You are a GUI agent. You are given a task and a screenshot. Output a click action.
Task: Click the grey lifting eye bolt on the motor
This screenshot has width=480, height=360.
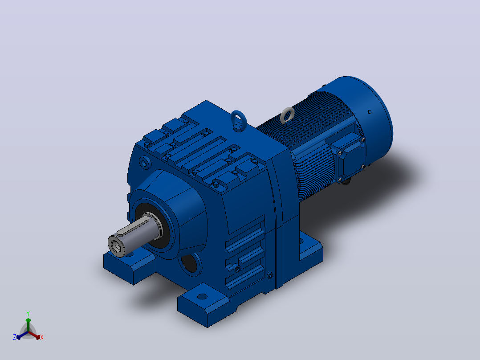(287, 114)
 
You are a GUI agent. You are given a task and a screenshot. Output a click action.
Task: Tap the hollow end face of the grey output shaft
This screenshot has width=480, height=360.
(117, 245)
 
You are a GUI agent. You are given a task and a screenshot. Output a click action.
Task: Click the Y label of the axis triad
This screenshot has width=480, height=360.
(28, 313)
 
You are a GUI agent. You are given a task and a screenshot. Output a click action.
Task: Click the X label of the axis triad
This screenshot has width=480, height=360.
(42, 337)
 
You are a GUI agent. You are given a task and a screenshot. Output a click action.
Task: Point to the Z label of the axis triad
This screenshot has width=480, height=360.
(14, 337)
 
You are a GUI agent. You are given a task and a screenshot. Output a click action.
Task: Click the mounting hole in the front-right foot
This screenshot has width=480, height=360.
(202, 296)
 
